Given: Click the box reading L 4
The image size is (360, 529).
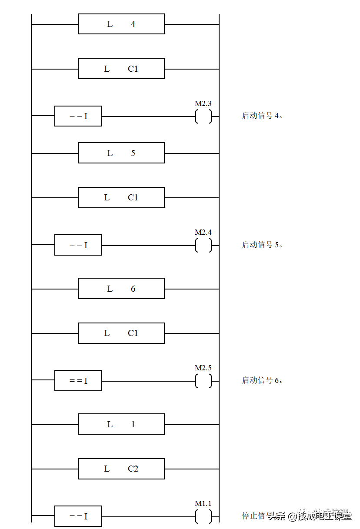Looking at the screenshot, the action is coord(121,24).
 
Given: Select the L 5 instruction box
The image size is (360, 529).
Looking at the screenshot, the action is coord(121,153).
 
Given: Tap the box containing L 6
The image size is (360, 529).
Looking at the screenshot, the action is coord(121,288).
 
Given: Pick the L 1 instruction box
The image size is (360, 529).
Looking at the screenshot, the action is coord(121,424).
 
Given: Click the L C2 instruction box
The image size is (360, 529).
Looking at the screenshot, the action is coord(121,469).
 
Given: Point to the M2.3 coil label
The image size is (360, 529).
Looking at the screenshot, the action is coord(203,103).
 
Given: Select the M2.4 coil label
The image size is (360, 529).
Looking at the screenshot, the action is coord(203,232).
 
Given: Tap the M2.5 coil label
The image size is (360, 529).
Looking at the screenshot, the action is coord(203,368).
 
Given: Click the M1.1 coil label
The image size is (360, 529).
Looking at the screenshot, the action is coord(203,503).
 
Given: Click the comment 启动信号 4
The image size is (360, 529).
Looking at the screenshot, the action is coord(270,116).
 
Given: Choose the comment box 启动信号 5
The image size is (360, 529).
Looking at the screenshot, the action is coord(270,245).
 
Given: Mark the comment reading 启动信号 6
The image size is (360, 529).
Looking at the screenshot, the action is coord(270,380).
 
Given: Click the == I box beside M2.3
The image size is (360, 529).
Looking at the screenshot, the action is coord(78,116).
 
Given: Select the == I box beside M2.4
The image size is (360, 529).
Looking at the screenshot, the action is coord(78,245).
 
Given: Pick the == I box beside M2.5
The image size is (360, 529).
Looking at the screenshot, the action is coord(78,380).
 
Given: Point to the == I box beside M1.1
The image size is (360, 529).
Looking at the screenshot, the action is coord(78,516).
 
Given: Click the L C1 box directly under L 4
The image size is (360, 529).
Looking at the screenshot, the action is coord(121,68).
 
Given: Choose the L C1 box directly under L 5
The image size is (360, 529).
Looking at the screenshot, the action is coord(121,197).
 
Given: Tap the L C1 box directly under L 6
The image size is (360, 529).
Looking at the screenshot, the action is coord(121,333).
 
